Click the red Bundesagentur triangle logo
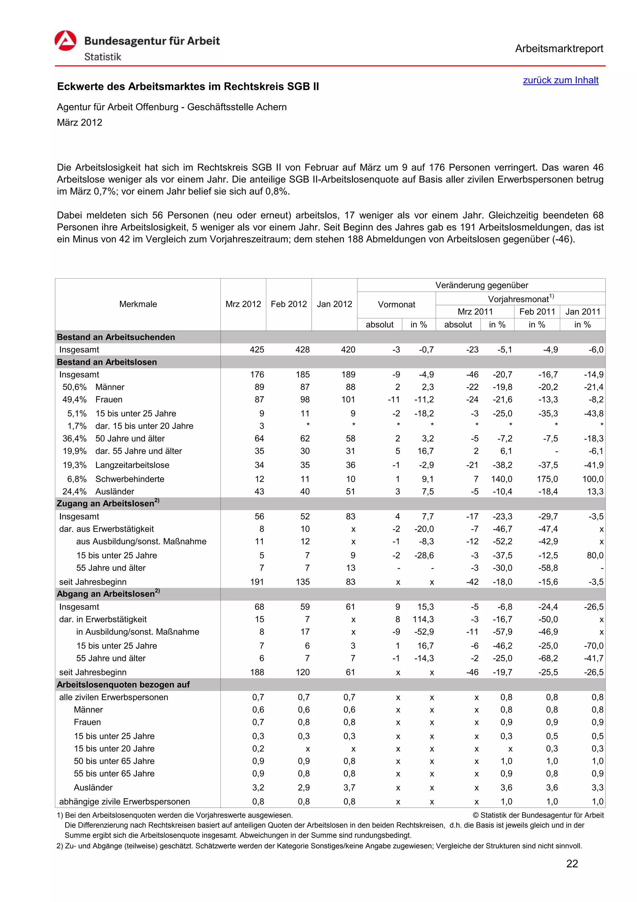pos(66,41)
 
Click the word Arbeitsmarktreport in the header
pos(559,49)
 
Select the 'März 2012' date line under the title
pos(80,123)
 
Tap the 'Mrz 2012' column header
pos(243,304)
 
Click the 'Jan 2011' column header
pos(583,312)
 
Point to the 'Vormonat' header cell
pos(396,304)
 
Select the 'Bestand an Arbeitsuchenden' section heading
pos(116,337)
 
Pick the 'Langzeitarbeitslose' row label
pos(132,465)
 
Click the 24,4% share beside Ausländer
pos(75,491)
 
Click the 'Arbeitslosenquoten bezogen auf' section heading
pos(123,684)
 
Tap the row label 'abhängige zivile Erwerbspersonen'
pos(124,801)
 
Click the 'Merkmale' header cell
pos(138,304)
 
